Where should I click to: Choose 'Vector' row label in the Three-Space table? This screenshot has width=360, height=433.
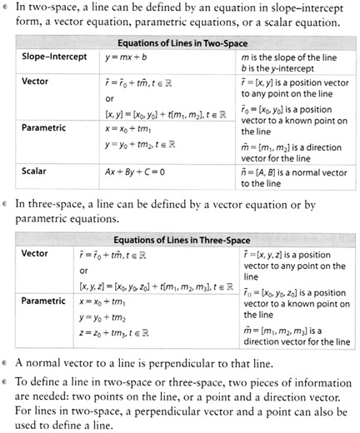[34, 254]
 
